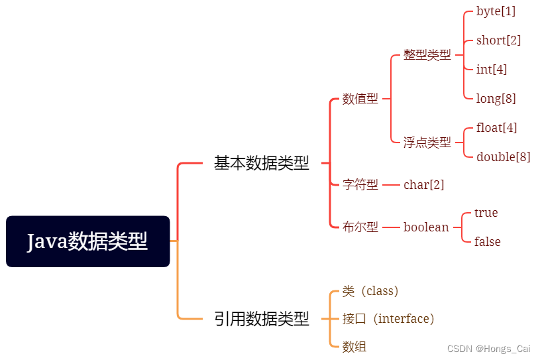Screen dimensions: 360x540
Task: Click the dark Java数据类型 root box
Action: coord(88,241)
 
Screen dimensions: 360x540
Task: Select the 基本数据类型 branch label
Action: coord(262,163)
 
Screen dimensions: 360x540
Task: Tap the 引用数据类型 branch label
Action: coord(262,319)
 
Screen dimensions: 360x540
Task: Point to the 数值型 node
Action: coord(360,99)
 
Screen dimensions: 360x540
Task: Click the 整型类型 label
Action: coord(427,55)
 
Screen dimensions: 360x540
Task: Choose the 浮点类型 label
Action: coord(427,143)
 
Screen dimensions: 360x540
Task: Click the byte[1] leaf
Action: coord(496,11)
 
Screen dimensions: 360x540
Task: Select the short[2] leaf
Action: coord(498,40)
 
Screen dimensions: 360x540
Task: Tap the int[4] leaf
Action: coord(492,70)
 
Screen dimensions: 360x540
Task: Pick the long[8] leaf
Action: coord(496,99)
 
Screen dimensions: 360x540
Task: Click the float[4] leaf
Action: coord(496,128)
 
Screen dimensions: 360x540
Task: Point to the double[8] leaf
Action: coord(503,157)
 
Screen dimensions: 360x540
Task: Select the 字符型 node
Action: coord(360,185)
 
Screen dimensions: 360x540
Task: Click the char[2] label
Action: coord(423,185)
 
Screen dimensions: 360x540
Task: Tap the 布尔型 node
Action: coord(360,227)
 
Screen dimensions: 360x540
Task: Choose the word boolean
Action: coord(426,227)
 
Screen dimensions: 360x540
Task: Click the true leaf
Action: coord(486,213)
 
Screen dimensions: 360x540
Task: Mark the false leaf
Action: coord(487,242)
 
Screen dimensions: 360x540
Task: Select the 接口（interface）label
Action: coord(388,319)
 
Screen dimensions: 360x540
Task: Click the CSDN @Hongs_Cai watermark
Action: coord(489,349)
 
